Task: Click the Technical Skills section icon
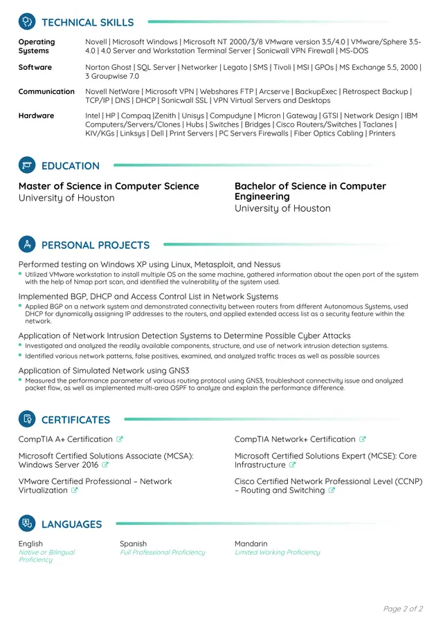[27, 22]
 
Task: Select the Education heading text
[70, 166]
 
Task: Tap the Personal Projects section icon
[27, 245]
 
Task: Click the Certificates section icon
[27, 419]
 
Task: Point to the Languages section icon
[27, 524]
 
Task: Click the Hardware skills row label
[36, 116]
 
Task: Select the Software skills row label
[35, 67]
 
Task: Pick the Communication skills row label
[46, 91]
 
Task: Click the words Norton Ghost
[108, 67]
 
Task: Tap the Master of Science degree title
[109, 186]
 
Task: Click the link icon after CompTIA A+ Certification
[120, 439]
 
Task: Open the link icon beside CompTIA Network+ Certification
[363, 439]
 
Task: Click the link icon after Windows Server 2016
[106, 466]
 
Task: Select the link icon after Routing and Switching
[332, 490]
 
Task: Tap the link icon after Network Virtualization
[75, 490]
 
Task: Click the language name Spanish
[133, 544]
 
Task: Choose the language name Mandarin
[251, 544]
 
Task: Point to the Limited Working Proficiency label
[277, 553]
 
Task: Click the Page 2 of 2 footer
[403, 609]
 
